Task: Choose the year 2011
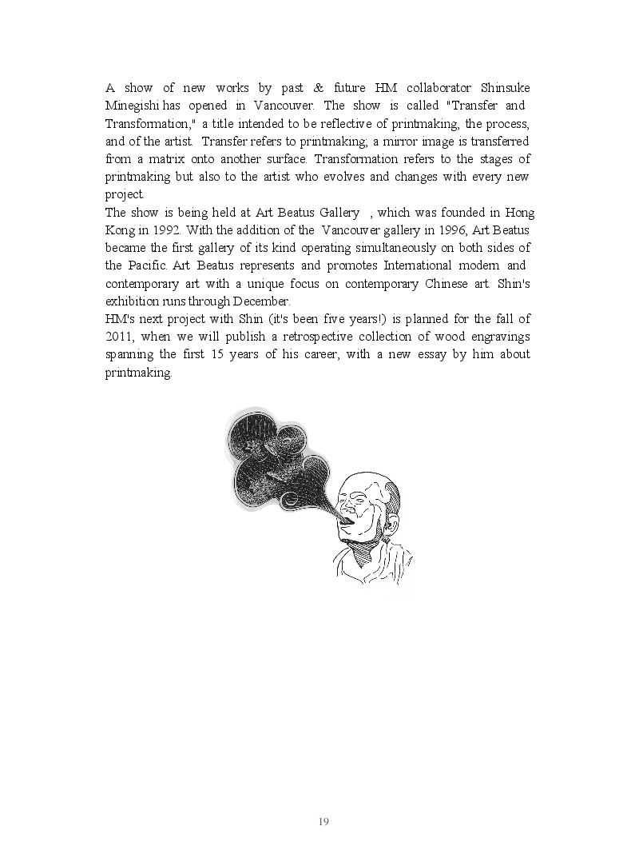(x=119, y=337)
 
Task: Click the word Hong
(x=518, y=213)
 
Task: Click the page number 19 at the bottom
(x=323, y=822)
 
